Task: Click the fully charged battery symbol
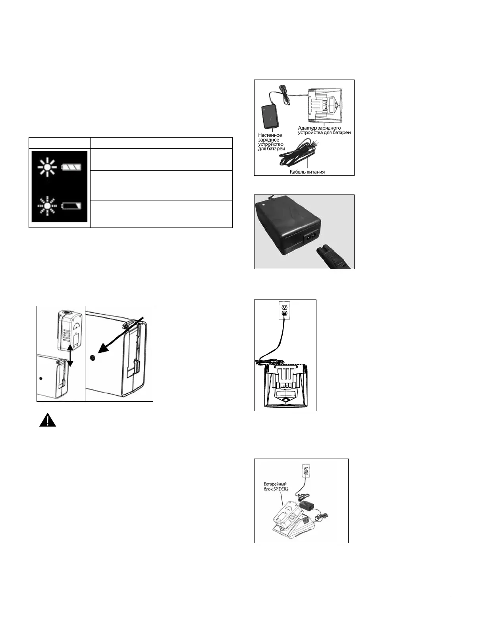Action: click(x=73, y=167)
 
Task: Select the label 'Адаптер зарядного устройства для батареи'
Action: click(x=324, y=130)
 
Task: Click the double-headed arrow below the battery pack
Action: click(x=70, y=356)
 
